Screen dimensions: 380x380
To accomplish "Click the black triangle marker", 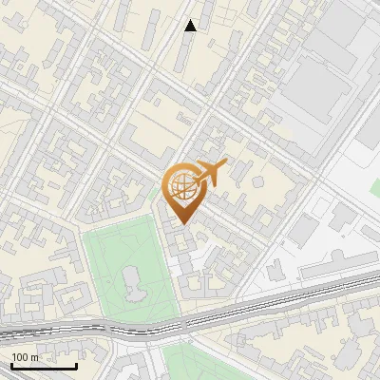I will pos(191,26).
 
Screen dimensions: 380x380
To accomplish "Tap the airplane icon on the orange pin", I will pos(211,172).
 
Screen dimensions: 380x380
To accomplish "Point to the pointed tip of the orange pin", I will pos(180,224).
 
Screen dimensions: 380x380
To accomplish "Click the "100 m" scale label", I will pos(25,357).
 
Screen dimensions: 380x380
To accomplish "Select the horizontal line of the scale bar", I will pos(44,366).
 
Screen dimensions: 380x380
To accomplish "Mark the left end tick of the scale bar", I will pos(11,364).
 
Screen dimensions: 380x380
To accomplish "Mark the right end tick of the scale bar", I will pos(76,364).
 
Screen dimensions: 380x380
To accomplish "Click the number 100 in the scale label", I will pos(20,357).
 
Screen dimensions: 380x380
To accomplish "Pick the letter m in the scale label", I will pos(35,357).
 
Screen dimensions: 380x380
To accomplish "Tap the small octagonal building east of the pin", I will pos(256,181).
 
